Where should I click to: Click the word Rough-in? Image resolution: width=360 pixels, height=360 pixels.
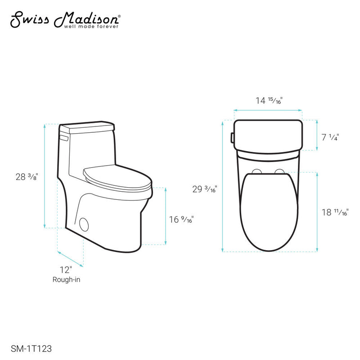[x=66, y=279]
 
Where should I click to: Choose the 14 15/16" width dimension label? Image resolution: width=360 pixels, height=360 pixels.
[x=268, y=101]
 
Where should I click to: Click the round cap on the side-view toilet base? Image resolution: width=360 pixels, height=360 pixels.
[x=84, y=224]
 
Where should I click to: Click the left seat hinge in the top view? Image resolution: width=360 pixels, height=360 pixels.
[x=257, y=171]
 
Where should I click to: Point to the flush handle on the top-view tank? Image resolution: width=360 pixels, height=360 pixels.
[x=232, y=137]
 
